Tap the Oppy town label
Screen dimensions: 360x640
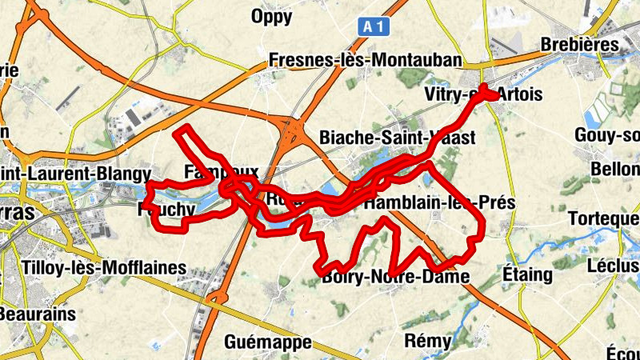pos(273,16)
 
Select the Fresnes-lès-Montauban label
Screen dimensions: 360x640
pos(366,60)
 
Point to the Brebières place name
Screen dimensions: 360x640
pos(580,45)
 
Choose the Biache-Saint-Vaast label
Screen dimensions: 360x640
pos(397,138)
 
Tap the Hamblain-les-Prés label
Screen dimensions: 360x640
pos(438,203)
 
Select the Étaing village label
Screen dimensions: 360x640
pos(527,274)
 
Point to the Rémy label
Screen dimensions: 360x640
pos(428,341)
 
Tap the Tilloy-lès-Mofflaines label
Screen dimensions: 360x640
pos(106,268)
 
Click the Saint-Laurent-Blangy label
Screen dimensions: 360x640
pos(76,173)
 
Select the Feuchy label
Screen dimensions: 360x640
pos(166,210)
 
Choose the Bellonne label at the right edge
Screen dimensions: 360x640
pos(615,170)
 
